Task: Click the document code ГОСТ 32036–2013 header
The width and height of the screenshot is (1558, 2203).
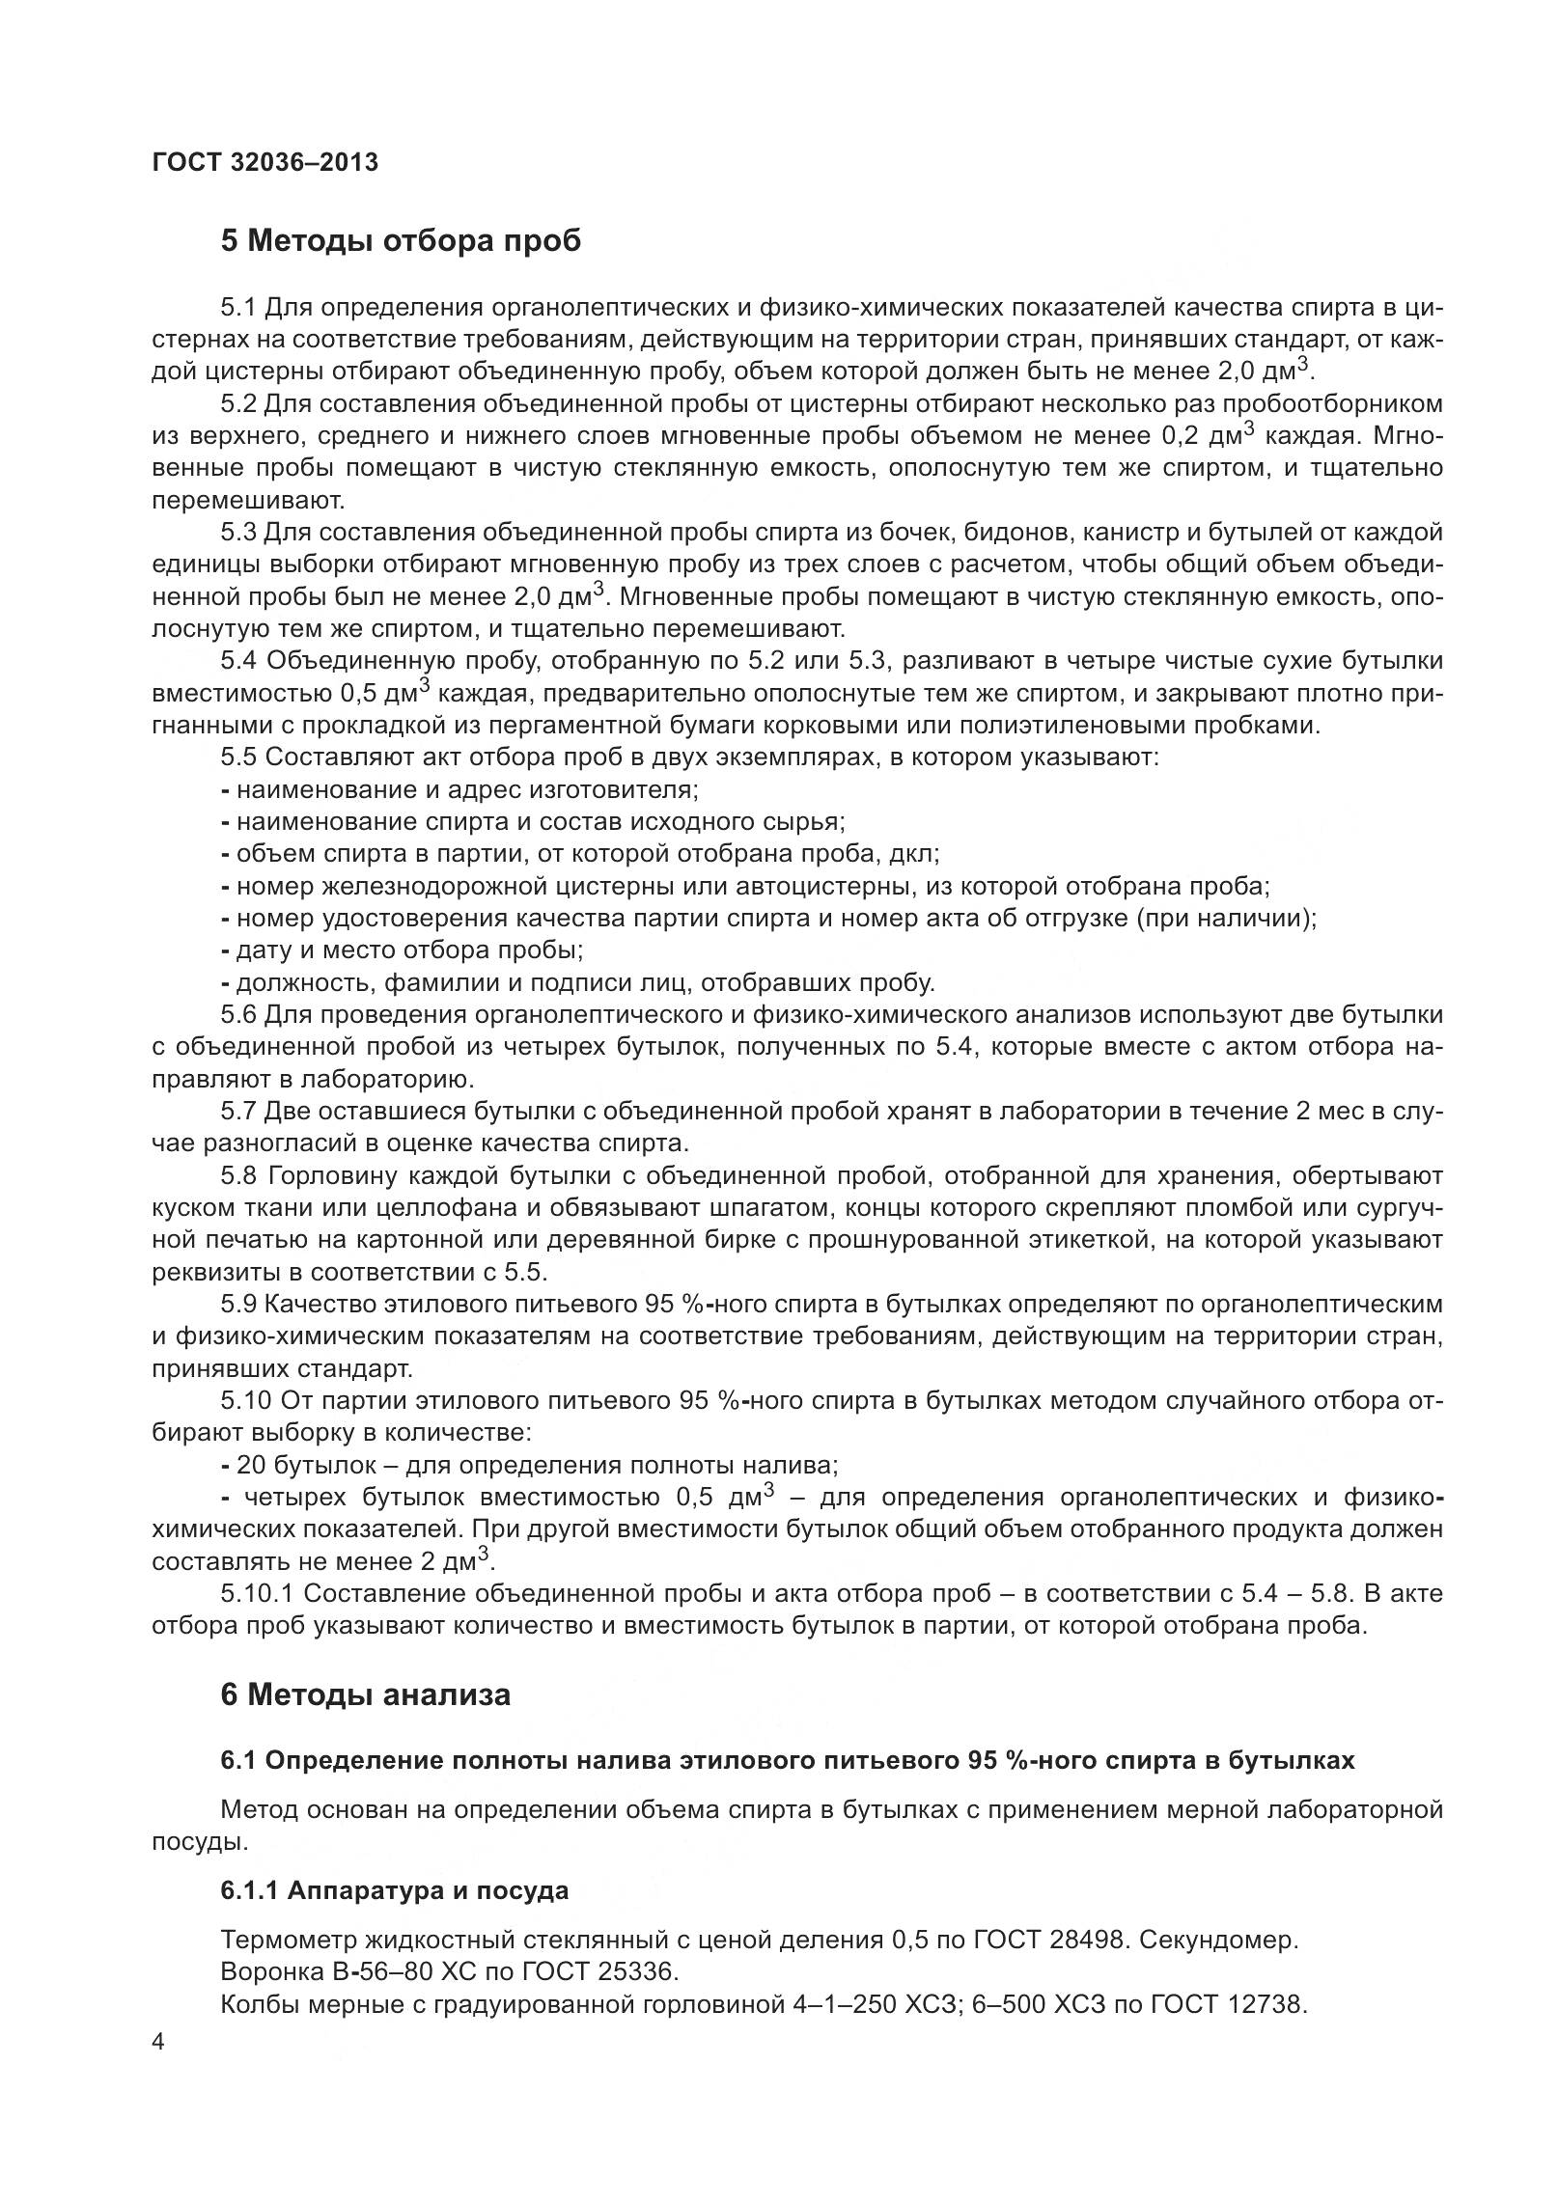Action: point(265,162)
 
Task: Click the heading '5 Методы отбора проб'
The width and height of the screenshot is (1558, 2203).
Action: point(401,240)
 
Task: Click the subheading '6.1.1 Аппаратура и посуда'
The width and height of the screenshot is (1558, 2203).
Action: point(394,1890)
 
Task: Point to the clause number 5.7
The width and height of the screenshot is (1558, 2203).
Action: point(237,1111)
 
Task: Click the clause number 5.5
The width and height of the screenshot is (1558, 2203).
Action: point(237,757)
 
